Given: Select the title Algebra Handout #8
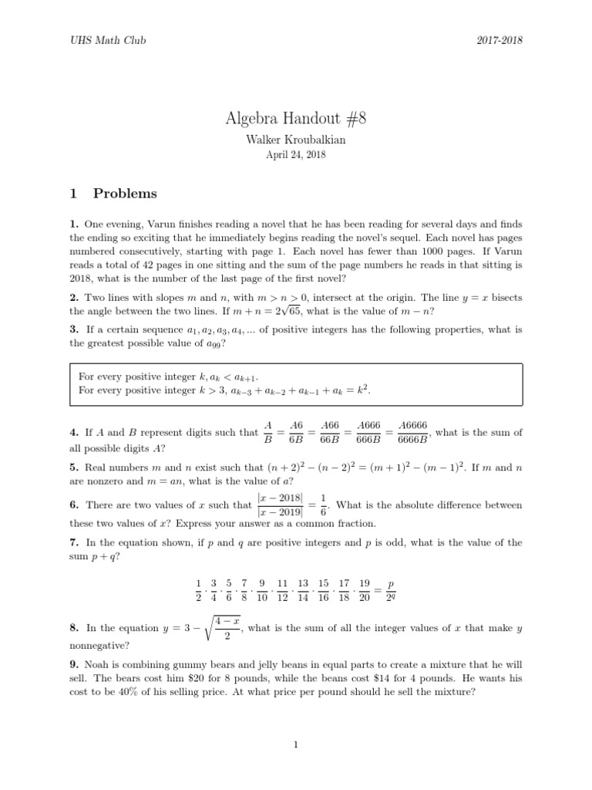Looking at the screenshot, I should [295, 118].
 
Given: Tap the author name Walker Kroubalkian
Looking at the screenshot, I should [295, 140].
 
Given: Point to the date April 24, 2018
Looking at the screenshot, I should [295, 155].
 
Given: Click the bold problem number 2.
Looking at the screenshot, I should [72, 298].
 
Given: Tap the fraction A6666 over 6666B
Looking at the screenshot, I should [412, 432].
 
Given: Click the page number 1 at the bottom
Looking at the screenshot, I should [295, 744].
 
